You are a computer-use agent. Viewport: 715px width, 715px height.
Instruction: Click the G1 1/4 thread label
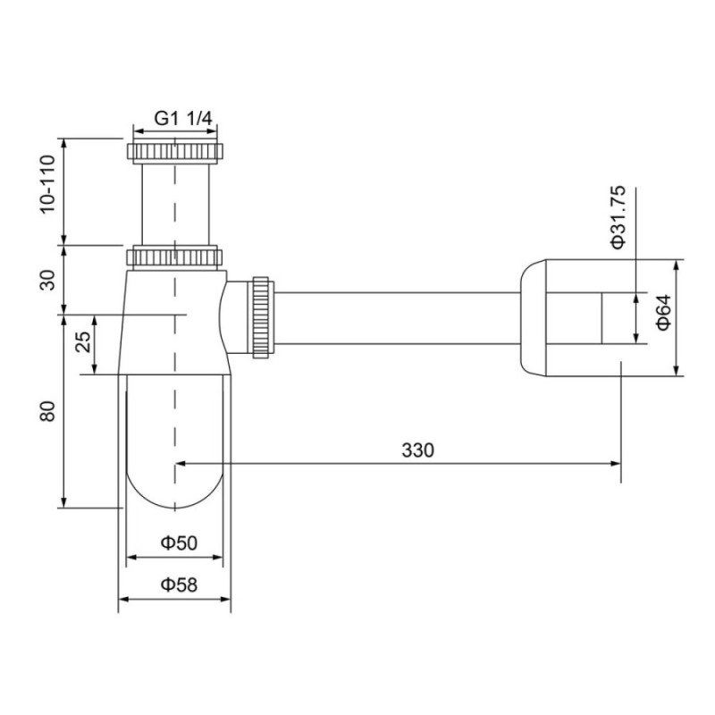[x=183, y=119]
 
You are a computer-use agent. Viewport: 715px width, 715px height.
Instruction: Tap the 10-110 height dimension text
[x=47, y=184]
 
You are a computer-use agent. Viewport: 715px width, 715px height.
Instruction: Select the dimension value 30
[x=47, y=280]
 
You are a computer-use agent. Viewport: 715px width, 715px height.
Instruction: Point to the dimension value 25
[x=83, y=342]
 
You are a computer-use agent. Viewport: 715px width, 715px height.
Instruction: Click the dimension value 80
[x=47, y=411]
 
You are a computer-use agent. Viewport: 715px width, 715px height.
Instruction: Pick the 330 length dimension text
[x=417, y=450]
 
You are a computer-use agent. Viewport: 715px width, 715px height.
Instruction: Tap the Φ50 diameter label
[x=179, y=543]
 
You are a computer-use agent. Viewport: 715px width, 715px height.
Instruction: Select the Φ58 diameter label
[x=179, y=585]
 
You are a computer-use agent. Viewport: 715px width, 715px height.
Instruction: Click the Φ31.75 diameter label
[x=618, y=217]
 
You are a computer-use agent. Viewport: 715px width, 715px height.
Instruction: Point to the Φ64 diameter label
[x=664, y=312]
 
